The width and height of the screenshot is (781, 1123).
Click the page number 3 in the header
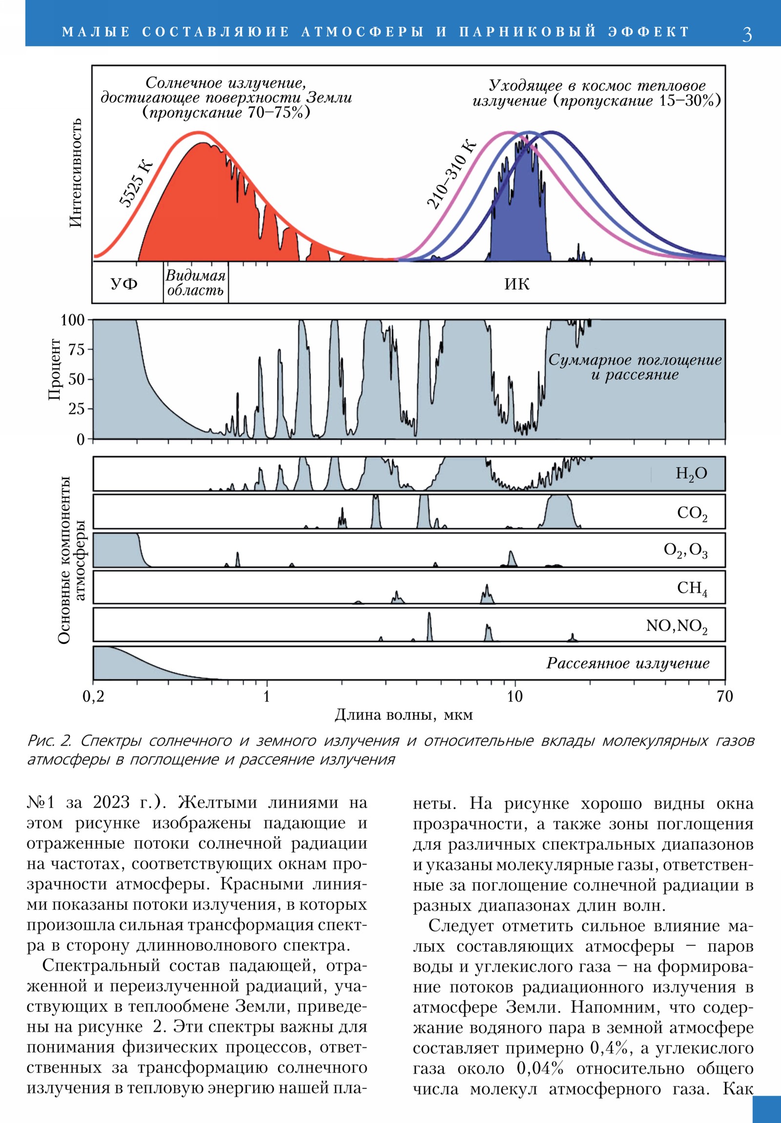[747, 34]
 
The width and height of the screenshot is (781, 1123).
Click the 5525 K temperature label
[137, 184]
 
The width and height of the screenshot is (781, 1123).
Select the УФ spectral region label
[123, 284]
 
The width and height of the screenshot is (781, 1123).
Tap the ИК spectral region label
[517, 284]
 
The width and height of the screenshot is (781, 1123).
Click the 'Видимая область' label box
[196, 283]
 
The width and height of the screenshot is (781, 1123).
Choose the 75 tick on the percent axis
[77, 350]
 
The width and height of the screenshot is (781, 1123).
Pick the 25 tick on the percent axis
[77, 409]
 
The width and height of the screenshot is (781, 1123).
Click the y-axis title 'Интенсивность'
[75, 173]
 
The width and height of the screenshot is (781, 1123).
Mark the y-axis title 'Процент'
[54, 370]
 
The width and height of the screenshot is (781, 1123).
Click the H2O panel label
[691, 474]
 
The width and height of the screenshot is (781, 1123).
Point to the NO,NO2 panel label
[677, 626]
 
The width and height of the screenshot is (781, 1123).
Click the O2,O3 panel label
[685, 551]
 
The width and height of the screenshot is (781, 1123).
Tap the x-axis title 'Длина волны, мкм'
[404, 715]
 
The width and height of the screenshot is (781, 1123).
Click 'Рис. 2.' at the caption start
[49, 741]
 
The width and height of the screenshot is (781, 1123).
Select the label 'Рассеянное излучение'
[628, 664]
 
